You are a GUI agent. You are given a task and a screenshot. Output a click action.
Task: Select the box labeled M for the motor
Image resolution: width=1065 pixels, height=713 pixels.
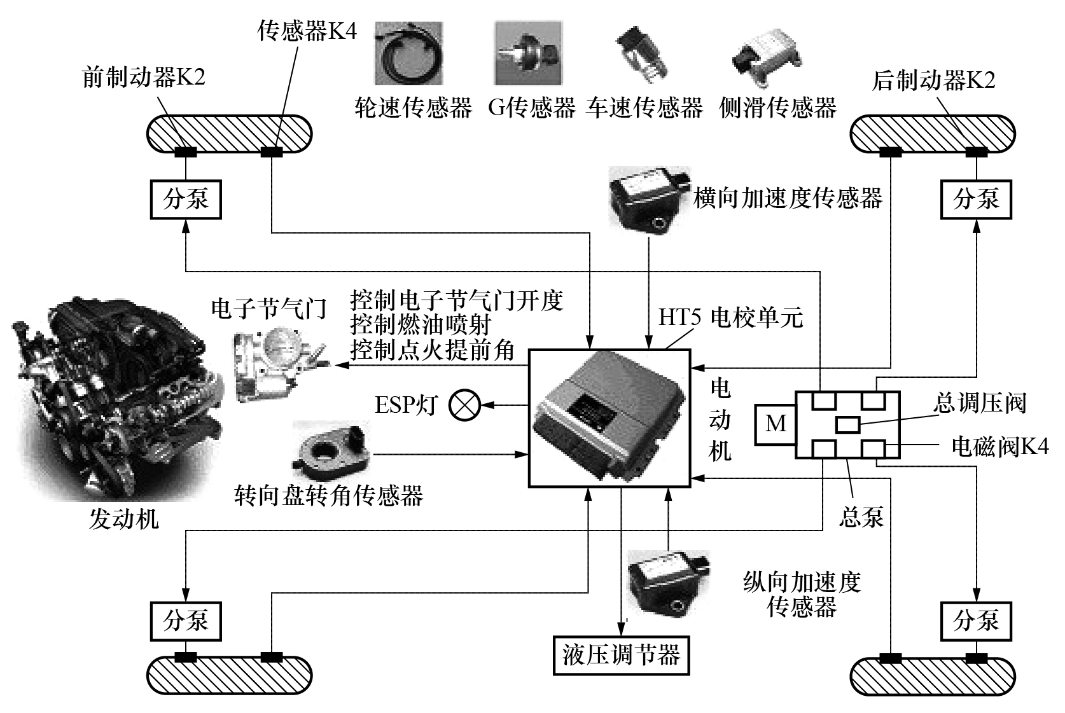point(774,424)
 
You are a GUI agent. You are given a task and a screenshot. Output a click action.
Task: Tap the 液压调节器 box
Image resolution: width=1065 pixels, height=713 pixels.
point(621,654)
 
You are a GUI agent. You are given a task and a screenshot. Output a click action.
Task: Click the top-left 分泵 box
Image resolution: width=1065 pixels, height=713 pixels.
point(185,199)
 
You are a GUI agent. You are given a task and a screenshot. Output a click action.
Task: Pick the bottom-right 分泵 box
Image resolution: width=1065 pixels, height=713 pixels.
point(975,621)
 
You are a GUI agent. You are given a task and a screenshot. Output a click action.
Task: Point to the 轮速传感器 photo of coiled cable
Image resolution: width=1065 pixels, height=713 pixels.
point(408,53)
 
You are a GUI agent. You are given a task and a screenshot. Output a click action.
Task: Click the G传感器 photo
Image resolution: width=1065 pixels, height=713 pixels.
point(528,53)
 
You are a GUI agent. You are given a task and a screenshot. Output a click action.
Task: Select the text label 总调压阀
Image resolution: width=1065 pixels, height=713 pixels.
point(979,403)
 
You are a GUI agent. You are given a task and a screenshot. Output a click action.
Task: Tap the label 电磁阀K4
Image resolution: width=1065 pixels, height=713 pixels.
point(999,446)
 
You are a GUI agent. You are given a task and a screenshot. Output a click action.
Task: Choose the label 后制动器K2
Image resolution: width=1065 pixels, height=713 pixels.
point(933,80)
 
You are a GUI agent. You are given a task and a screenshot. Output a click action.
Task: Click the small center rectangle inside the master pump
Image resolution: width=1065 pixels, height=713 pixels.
point(848,424)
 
